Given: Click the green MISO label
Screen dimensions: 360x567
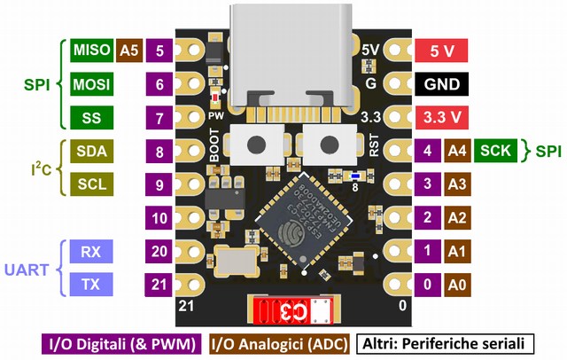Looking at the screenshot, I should tap(92, 51).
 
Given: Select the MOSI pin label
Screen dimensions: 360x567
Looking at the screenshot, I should tap(92, 84).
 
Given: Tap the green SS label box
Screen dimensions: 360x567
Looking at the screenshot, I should tap(92, 117).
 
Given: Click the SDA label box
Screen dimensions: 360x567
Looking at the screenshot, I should tap(92, 151).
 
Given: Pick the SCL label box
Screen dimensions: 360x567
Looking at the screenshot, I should tap(92, 184).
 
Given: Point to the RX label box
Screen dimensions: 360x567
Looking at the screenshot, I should tap(92, 251).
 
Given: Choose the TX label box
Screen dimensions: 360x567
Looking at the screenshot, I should tap(92, 284).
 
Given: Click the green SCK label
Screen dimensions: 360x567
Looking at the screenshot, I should tap(499, 151).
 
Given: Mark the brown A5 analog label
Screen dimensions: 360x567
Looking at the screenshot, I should tap(129, 51).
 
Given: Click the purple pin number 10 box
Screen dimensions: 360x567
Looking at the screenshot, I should tap(160, 217).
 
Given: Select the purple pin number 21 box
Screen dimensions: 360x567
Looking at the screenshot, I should tap(160, 284).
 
